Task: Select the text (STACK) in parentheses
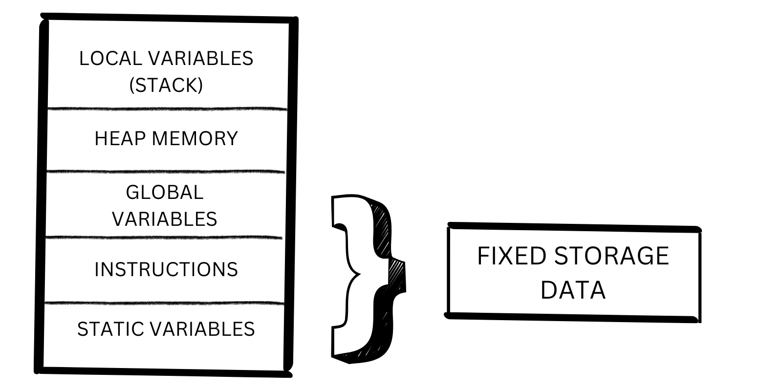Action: tap(166, 86)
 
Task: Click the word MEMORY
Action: tap(195, 139)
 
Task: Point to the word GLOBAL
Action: tap(164, 193)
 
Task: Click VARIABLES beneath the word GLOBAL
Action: tap(164, 219)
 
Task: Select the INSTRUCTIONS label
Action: tap(166, 270)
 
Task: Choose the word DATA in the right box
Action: tap(573, 290)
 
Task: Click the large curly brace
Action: tap(371, 279)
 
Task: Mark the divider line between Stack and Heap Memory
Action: tap(166, 109)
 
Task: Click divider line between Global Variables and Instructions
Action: tap(164, 238)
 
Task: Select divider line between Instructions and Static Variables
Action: tap(164, 304)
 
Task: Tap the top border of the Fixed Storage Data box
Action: tap(574, 227)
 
